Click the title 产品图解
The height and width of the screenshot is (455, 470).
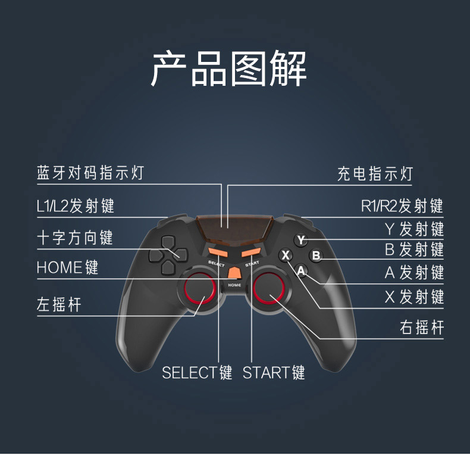pos(228,69)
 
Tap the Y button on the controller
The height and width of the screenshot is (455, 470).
pos(302,240)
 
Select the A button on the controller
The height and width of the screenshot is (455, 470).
pos(302,272)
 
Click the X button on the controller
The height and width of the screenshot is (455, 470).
pos(286,255)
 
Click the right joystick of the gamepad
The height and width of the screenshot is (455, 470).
pos(271,290)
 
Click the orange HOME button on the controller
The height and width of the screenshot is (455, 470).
pos(234,272)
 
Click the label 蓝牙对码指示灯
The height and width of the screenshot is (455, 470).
pos(90,173)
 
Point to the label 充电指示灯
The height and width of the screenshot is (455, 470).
pos(375,174)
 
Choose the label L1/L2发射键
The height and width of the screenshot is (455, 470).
pos(75,206)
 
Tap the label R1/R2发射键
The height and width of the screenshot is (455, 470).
pos(402,206)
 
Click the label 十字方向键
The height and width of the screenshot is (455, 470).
pos(74,238)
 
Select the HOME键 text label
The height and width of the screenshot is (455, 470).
pos(67,267)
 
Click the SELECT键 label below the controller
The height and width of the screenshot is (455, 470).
pos(197,373)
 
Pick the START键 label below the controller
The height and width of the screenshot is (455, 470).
pos(274,373)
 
